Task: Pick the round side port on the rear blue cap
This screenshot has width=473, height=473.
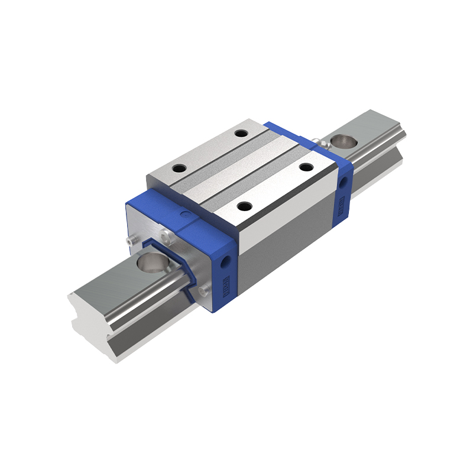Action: tap(342, 180)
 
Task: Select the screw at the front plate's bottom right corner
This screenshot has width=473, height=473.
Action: tap(205, 290)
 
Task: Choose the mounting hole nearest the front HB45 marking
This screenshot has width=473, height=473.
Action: tap(245, 206)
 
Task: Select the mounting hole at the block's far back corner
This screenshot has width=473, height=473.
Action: tap(240, 133)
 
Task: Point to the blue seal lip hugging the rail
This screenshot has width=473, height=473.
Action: tap(188, 278)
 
